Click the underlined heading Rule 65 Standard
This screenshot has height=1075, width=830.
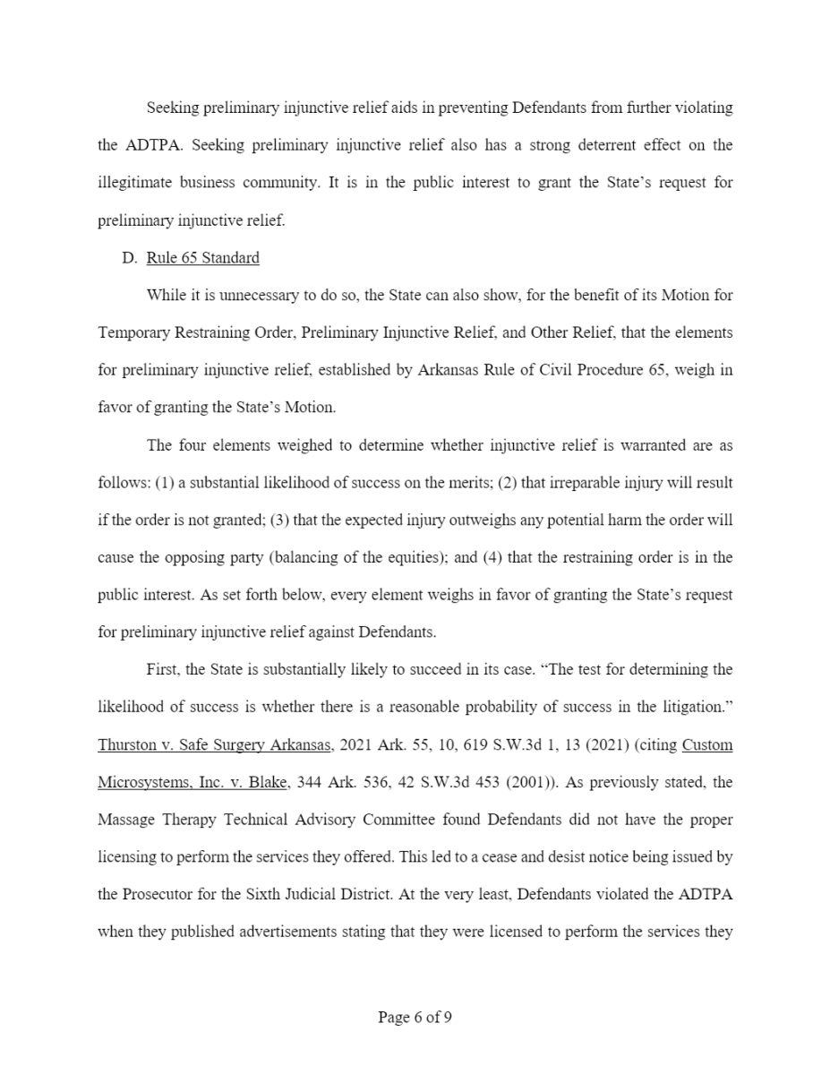pyautogui.click(x=202, y=258)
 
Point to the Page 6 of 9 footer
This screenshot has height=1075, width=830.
pyautogui.click(x=415, y=1017)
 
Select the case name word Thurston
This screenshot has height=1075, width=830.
pyautogui.click(x=126, y=744)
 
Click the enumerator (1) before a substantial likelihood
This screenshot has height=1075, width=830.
pyautogui.click(x=165, y=483)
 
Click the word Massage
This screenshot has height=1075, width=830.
pyautogui.click(x=124, y=820)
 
